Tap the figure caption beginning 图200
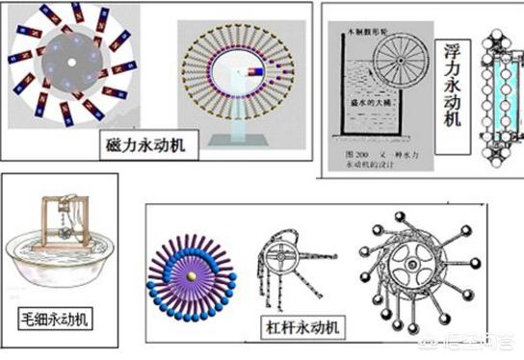click(x=370, y=152)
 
